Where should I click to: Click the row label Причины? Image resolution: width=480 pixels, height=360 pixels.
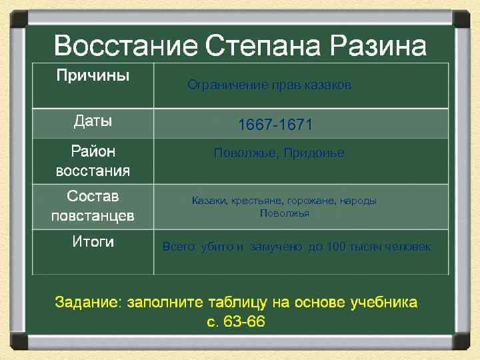[93, 75]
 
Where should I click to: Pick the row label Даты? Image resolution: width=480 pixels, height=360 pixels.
[93, 122]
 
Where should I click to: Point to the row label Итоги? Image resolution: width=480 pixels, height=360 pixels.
[93, 242]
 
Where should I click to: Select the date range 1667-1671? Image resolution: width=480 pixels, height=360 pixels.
[275, 125]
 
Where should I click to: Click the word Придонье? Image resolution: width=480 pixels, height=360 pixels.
[314, 153]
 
